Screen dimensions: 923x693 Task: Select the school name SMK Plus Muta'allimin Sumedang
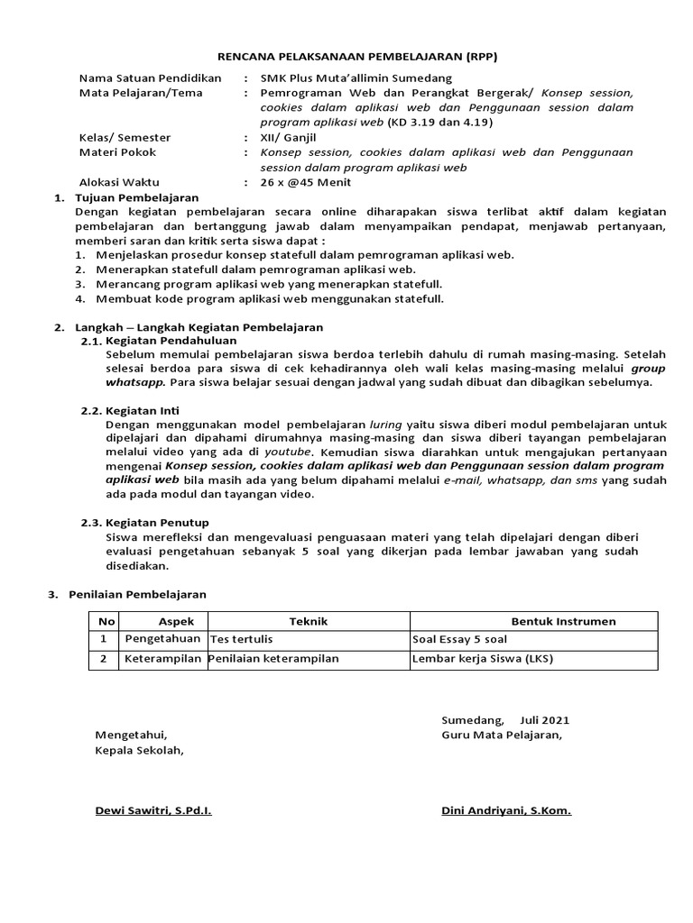pos(344,78)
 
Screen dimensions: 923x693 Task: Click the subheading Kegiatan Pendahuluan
pos(171,341)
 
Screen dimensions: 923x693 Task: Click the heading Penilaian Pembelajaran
pos(137,594)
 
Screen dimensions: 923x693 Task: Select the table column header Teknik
pos(308,621)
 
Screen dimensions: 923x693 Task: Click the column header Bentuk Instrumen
pos(563,621)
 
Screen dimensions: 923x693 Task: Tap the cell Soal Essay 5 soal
pos(459,639)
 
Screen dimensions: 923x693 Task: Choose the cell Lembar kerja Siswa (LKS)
pos(482,658)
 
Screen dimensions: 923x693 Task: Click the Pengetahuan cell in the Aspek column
pos(162,639)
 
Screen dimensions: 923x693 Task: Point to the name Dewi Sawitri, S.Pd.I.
pos(153,810)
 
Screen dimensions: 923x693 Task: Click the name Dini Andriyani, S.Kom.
pos(505,810)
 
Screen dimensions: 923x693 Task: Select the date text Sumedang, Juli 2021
pos(505,720)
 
